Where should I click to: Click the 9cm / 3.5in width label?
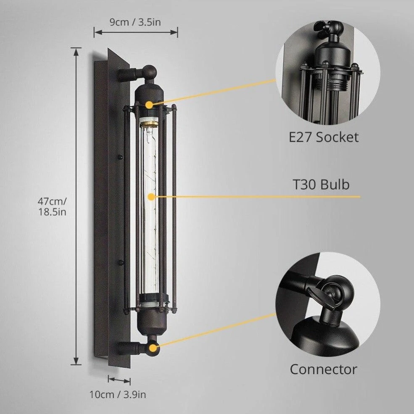tap(135, 22)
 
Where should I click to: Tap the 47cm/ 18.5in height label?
tap(52, 206)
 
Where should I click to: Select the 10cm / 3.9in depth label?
tap(118, 395)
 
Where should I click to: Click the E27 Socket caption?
tap(324, 137)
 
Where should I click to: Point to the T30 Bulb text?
tap(321, 184)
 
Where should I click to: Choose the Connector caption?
tap(324, 369)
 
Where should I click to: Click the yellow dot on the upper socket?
tap(150, 105)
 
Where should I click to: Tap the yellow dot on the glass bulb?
tap(151, 197)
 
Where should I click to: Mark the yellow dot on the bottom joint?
tap(153, 348)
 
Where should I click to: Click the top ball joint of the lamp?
tap(150, 72)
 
